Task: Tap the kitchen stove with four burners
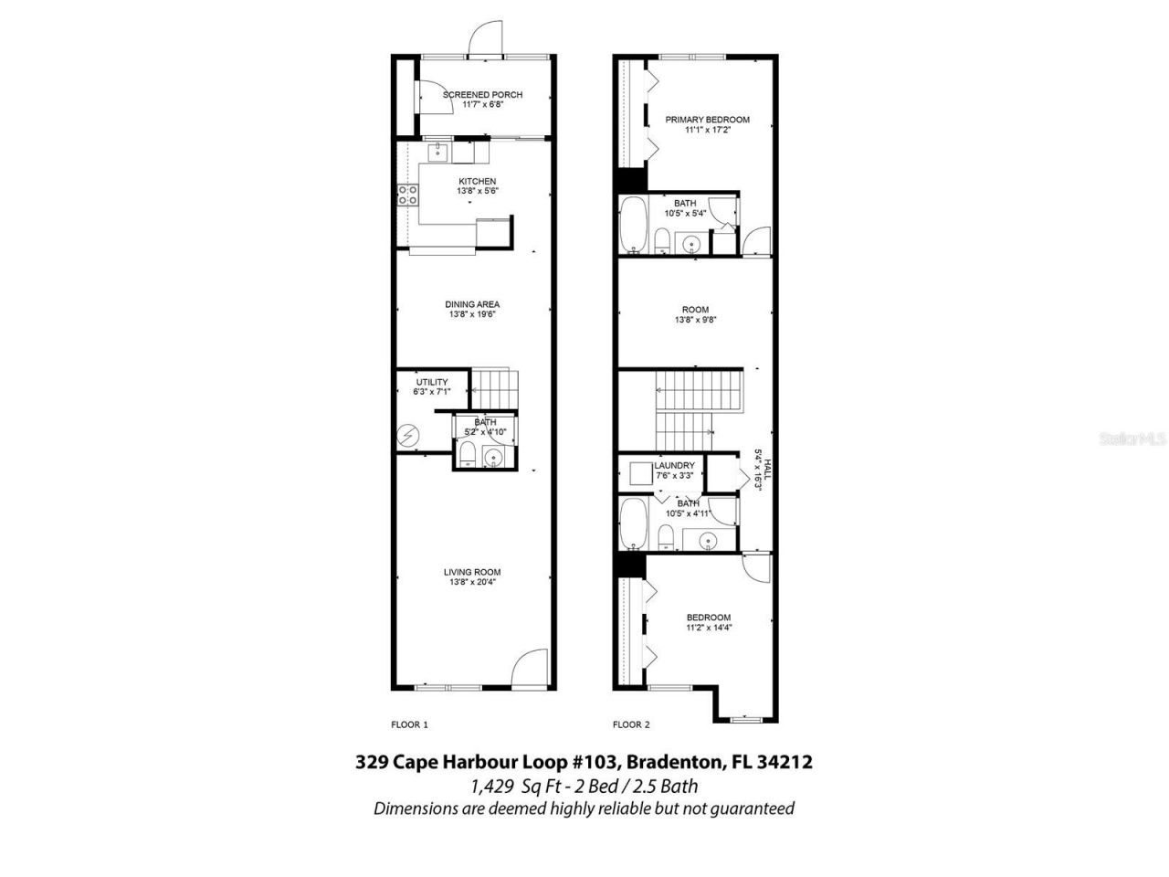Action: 407,194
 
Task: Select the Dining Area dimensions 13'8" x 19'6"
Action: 472,315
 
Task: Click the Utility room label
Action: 431,382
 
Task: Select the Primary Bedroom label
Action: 707,120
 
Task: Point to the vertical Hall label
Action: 763,476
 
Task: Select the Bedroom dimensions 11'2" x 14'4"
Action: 708,629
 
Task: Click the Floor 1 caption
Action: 409,724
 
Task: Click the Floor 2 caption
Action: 631,724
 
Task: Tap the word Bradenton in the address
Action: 674,761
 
